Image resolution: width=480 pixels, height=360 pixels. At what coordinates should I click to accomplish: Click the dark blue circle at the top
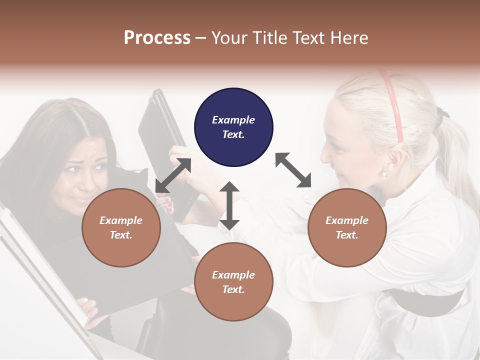[233, 127]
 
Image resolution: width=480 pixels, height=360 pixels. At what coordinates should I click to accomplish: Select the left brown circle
[121, 227]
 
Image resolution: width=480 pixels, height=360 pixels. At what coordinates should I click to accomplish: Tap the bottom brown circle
[233, 282]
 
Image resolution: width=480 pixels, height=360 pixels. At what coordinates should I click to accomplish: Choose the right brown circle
[347, 227]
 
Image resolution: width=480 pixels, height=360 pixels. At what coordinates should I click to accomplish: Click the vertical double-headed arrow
[229, 205]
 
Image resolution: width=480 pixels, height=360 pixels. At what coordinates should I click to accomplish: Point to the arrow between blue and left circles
[173, 175]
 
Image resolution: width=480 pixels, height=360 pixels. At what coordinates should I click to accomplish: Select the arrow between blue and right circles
[293, 170]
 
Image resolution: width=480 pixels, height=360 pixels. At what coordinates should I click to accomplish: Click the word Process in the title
[157, 37]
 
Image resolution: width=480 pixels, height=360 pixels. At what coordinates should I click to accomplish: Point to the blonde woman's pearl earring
[384, 173]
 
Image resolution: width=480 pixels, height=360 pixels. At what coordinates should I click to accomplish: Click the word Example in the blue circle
[233, 120]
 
